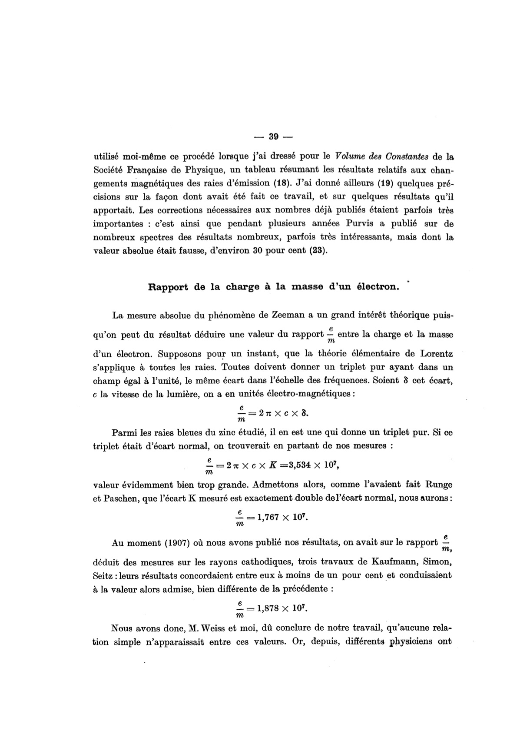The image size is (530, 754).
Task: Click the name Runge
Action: point(441,485)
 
